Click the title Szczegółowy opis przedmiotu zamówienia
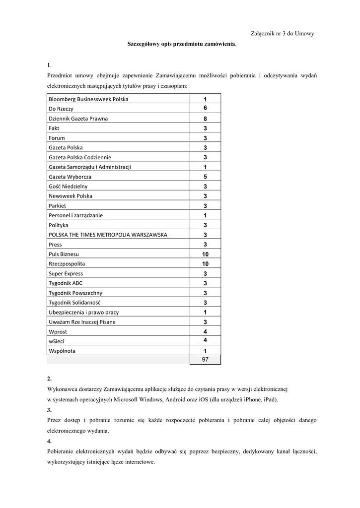point(182,45)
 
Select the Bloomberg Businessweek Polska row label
point(88,99)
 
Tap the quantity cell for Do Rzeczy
point(205,108)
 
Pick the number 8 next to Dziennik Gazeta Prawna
point(205,119)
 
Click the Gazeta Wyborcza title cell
point(70,177)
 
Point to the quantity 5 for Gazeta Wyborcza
point(205,177)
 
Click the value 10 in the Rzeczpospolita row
point(205,264)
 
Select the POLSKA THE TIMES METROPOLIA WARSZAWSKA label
point(108,235)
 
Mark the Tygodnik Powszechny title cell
point(75,293)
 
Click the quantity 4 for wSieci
point(205,340)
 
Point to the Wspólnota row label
point(63,351)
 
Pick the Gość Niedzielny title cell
point(68,187)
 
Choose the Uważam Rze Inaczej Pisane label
point(82,322)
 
